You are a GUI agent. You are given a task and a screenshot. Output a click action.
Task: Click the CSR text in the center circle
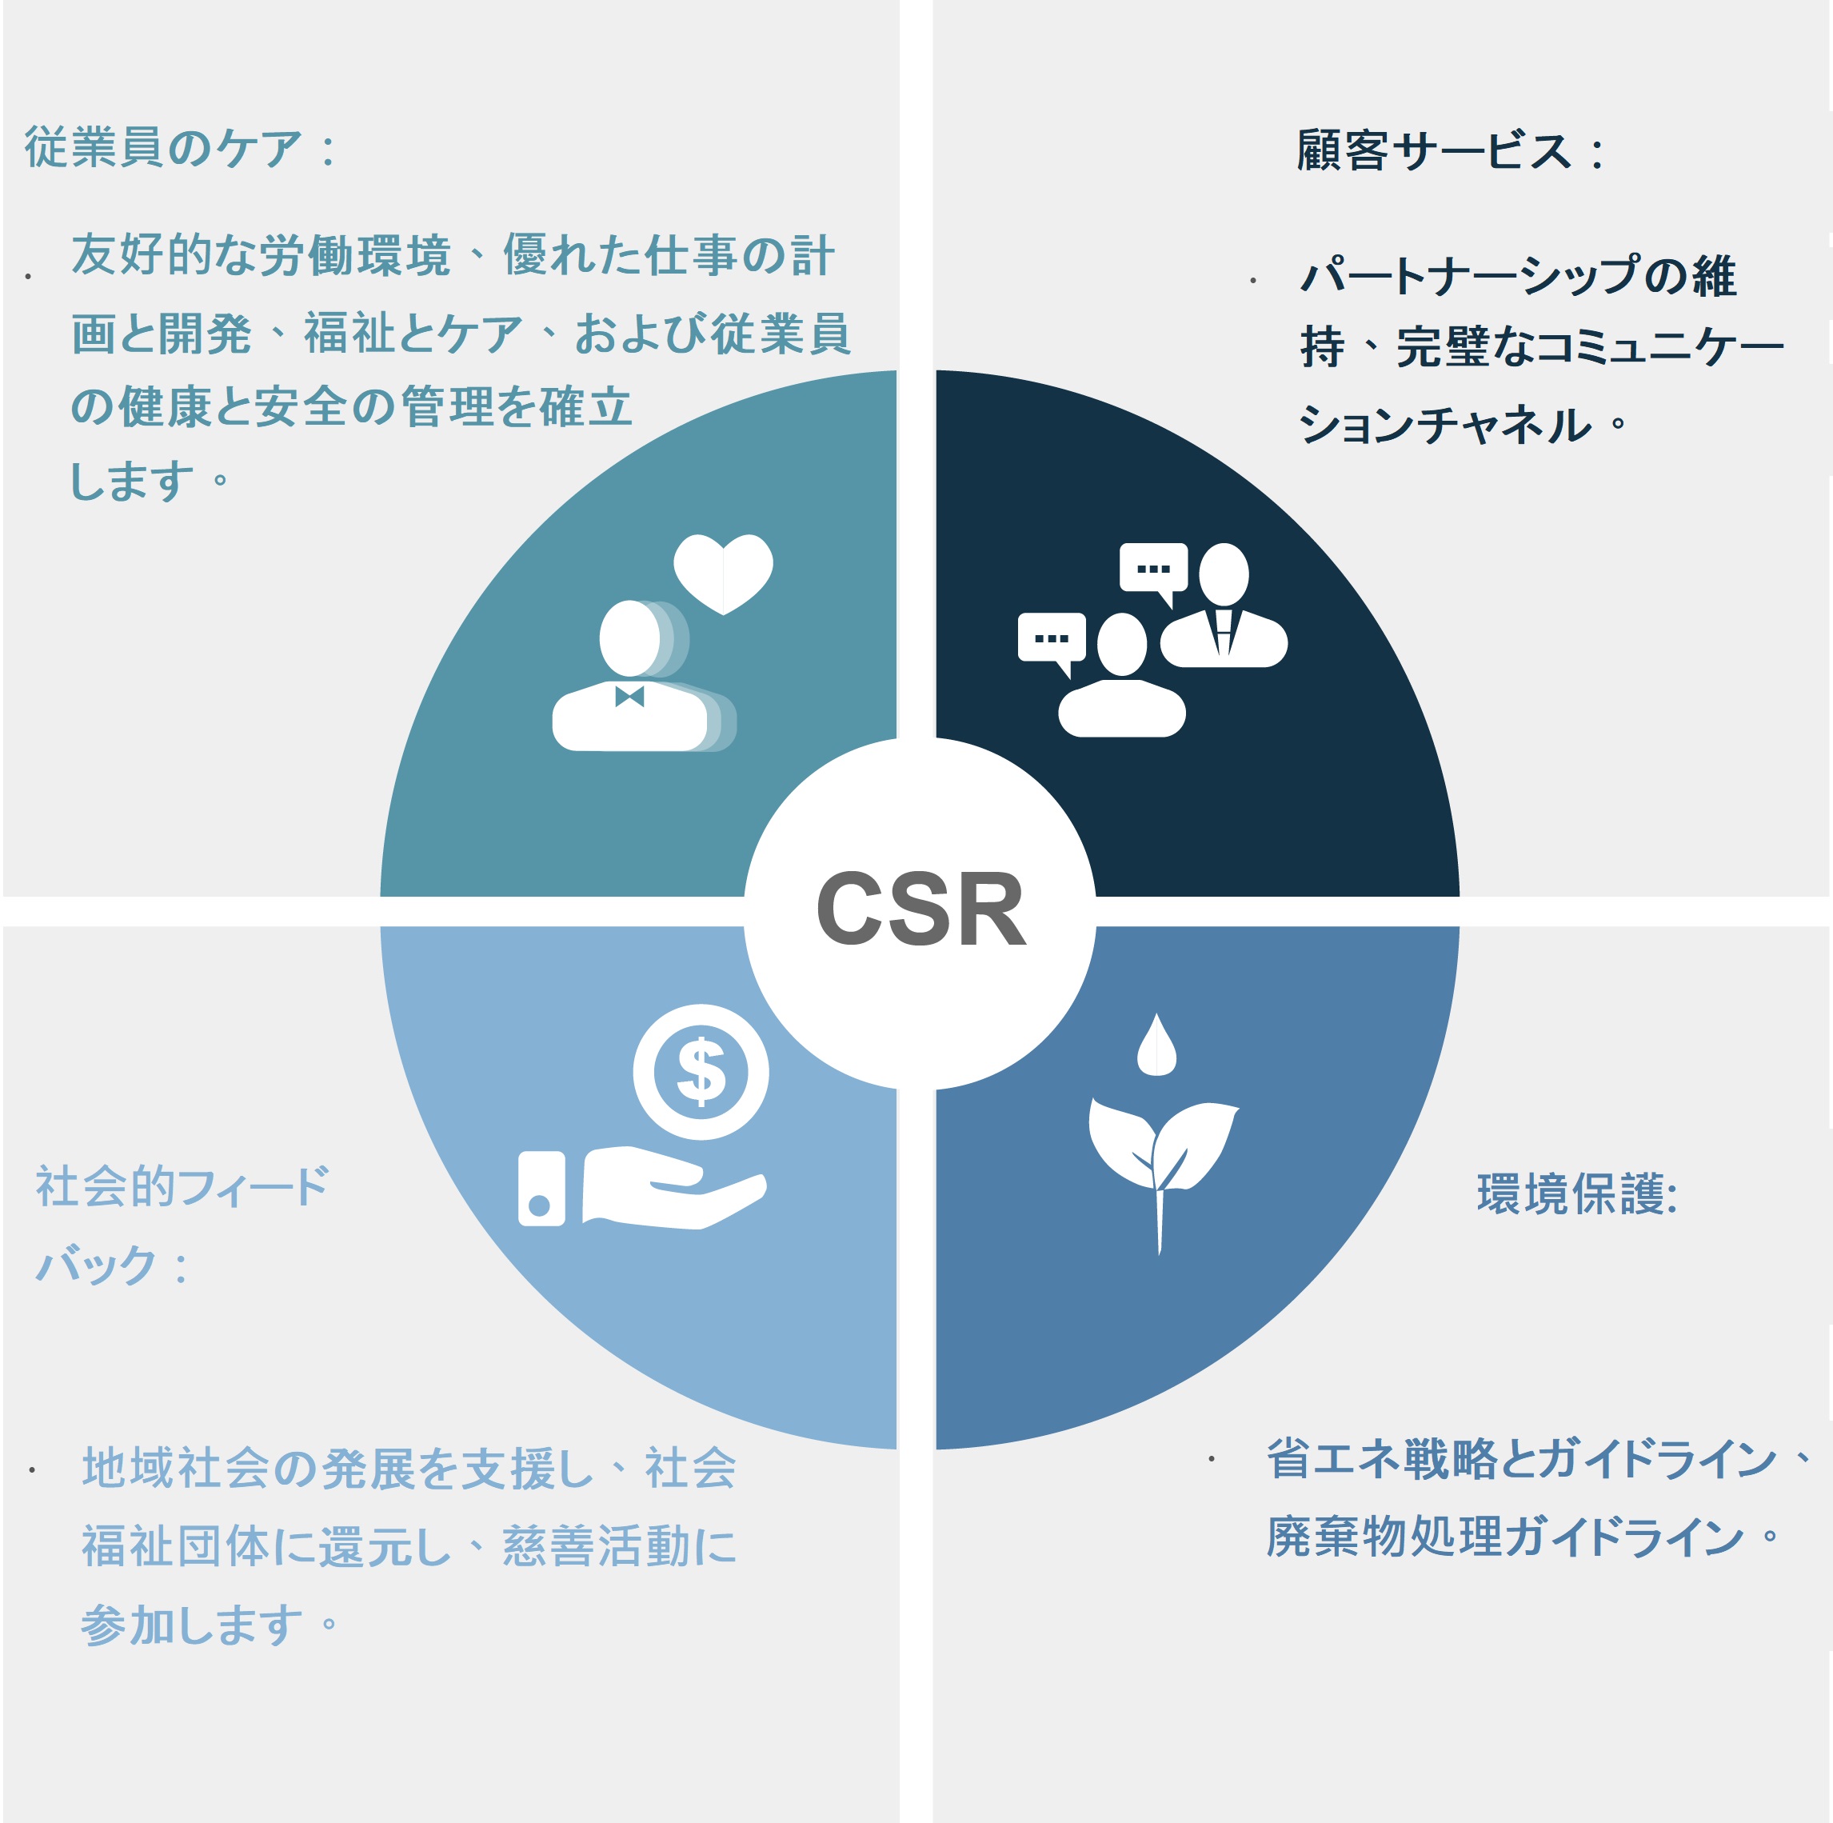coord(920,910)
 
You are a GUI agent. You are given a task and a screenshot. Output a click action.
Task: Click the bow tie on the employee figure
coord(629,697)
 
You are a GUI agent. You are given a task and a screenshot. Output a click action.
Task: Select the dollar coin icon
coord(701,1071)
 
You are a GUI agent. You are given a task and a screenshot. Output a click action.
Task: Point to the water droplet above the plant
coord(1156,1045)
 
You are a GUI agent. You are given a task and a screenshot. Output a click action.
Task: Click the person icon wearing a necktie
coord(1223,605)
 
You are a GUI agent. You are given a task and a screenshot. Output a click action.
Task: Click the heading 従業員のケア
coord(164,148)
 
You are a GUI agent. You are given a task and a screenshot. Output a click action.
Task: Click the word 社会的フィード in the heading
coord(182,1186)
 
